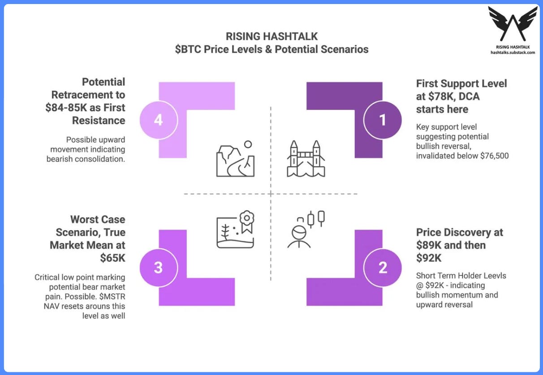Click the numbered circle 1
pyautogui.click(x=383, y=120)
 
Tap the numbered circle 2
pyautogui.click(x=383, y=268)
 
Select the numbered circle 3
pyautogui.click(x=158, y=268)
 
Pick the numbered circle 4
pyautogui.click(x=158, y=120)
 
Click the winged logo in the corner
pyautogui.click(x=513, y=25)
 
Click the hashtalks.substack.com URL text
pyautogui.click(x=513, y=52)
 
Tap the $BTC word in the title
pyautogui.click(x=187, y=49)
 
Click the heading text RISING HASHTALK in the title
pyautogui.click(x=271, y=36)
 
